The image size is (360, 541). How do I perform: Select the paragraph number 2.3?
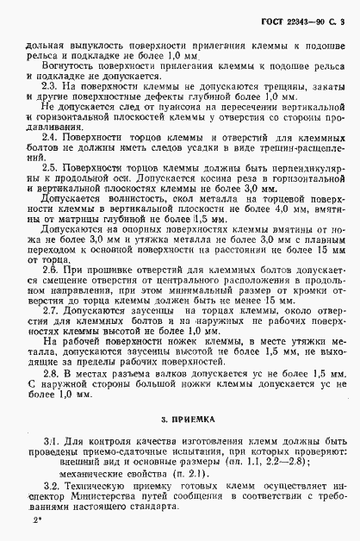point(49,88)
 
